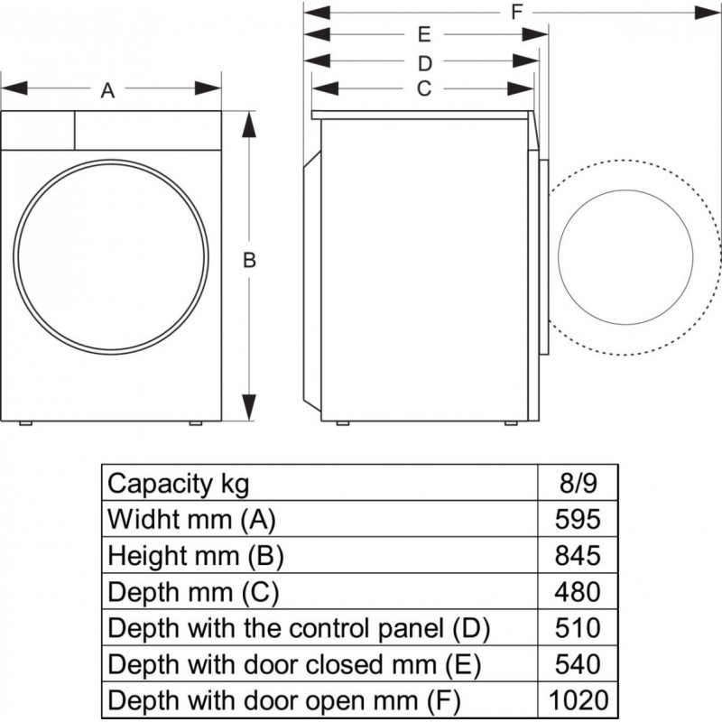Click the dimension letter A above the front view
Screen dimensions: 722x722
pyautogui.click(x=107, y=89)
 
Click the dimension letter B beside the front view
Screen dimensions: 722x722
pyautogui.click(x=250, y=261)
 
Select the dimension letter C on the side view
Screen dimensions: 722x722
pyautogui.click(x=423, y=88)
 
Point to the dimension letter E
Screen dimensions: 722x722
pyautogui.click(x=423, y=35)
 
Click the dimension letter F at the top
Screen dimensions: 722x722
pyautogui.click(x=516, y=12)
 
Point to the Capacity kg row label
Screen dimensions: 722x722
pyautogui.click(x=178, y=484)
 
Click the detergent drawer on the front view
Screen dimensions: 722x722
pyautogui.click(x=37, y=129)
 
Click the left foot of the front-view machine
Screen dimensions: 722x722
pyautogui.click(x=27, y=421)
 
